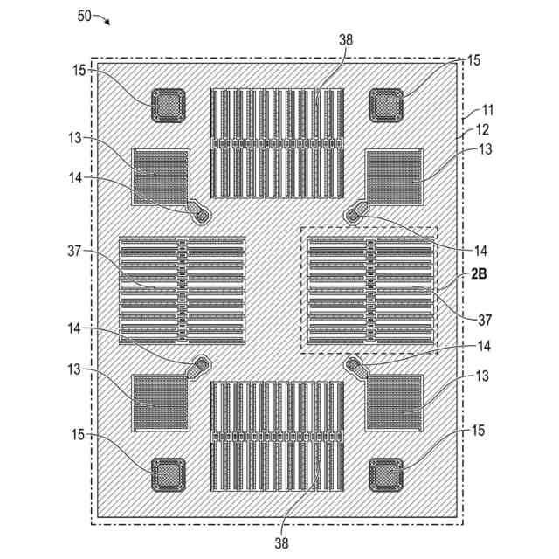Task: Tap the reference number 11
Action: point(486,111)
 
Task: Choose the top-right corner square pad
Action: point(386,107)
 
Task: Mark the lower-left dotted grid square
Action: point(160,404)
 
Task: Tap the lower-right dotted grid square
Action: point(393,404)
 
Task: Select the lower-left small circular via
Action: point(203,362)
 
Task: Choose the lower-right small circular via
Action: point(354,363)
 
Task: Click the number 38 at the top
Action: point(347,38)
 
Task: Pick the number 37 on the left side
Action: point(72,252)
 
